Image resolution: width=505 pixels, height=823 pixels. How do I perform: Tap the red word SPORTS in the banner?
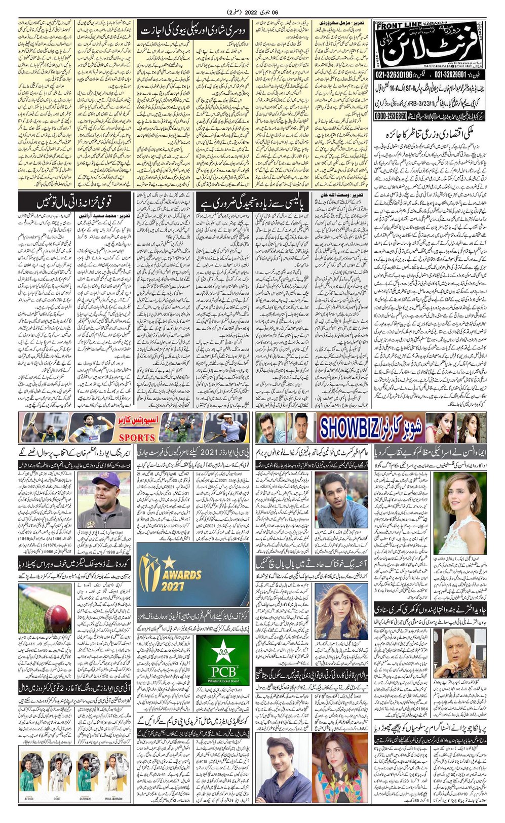pos(137,437)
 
